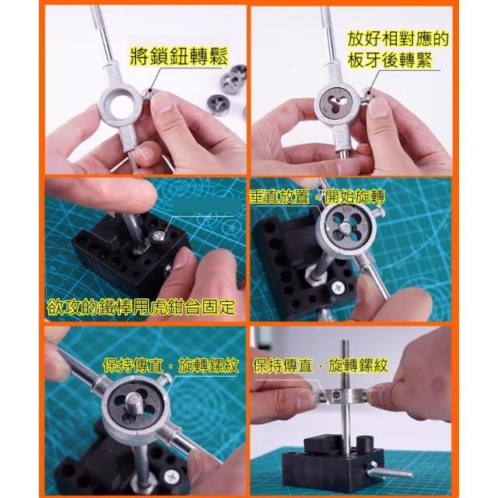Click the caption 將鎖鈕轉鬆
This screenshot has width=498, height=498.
click(179, 57)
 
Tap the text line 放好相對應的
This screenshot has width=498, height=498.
click(398, 39)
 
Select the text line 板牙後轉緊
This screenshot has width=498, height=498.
click(390, 60)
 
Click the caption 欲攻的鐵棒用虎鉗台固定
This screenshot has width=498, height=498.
click(141, 307)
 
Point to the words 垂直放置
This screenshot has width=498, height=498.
click(279, 197)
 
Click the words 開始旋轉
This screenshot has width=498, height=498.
click(355, 197)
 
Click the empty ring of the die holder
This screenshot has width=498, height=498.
click(120, 103)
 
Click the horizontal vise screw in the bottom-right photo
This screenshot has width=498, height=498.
click(390, 472)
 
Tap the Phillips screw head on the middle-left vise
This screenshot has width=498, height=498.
click(158, 236)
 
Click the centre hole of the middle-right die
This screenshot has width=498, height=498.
click(344, 227)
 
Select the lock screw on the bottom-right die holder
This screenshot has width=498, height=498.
click(337, 395)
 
